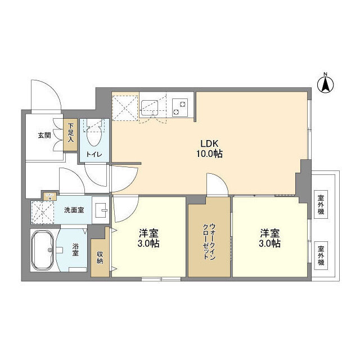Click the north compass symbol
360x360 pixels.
pyautogui.click(x=325, y=84)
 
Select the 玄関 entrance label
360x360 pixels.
pyautogui.click(x=44, y=135)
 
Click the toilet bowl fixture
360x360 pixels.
pyautogui.click(x=94, y=135)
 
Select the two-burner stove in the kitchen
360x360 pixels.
pyautogui.click(x=181, y=106)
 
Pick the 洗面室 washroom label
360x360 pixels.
pyautogui.click(x=73, y=210)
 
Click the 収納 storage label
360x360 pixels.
pyautogui.click(x=100, y=256)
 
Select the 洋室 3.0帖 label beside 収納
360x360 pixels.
pyautogui.click(x=149, y=238)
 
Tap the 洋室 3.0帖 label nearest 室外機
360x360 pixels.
pyautogui.click(x=269, y=238)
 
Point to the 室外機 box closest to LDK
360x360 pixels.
pyautogui.click(x=321, y=205)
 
